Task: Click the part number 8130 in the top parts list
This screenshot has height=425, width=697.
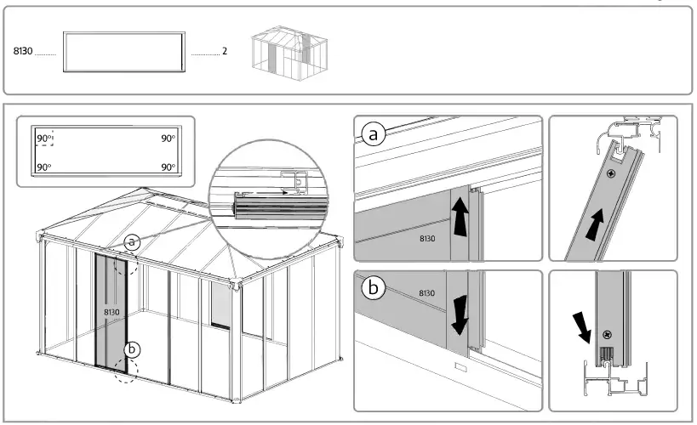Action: coord(23,52)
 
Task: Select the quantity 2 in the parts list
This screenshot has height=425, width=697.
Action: coord(225,52)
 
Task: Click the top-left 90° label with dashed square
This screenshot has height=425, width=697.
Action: coord(44,138)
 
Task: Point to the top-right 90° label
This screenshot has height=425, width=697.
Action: coord(168,138)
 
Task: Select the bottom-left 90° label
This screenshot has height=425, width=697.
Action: coord(43,167)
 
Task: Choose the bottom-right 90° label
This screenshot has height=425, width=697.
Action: coord(168,167)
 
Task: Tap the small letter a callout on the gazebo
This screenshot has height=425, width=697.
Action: coord(132,242)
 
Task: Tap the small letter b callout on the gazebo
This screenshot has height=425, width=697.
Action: coord(132,348)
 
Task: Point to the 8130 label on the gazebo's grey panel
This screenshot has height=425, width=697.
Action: coord(111,312)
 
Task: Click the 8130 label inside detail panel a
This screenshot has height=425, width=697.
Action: coord(427,239)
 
